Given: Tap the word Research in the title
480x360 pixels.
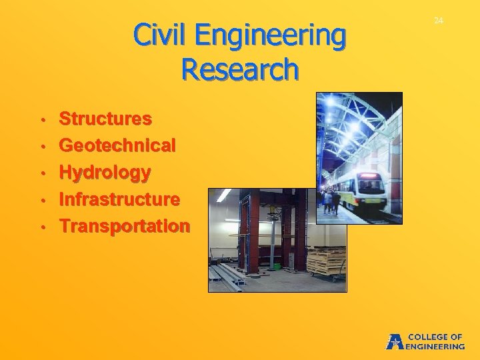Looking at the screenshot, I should [x=239, y=69].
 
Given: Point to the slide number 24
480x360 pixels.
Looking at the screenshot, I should [x=438, y=21].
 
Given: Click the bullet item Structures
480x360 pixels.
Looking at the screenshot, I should [x=105, y=119].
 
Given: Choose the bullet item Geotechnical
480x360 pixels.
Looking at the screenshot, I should [x=117, y=145].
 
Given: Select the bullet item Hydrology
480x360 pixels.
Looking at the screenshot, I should [x=105, y=173].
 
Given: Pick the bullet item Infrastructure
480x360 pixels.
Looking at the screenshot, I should [x=119, y=199].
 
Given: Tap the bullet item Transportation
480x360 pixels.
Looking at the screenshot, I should [x=124, y=226].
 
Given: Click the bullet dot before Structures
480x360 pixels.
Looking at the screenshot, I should [x=42, y=121].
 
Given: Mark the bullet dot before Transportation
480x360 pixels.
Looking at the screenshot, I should [x=42, y=227].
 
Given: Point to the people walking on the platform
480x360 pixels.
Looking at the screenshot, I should [x=331, y=200].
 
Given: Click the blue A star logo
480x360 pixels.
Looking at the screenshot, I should [x=394, y=341].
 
